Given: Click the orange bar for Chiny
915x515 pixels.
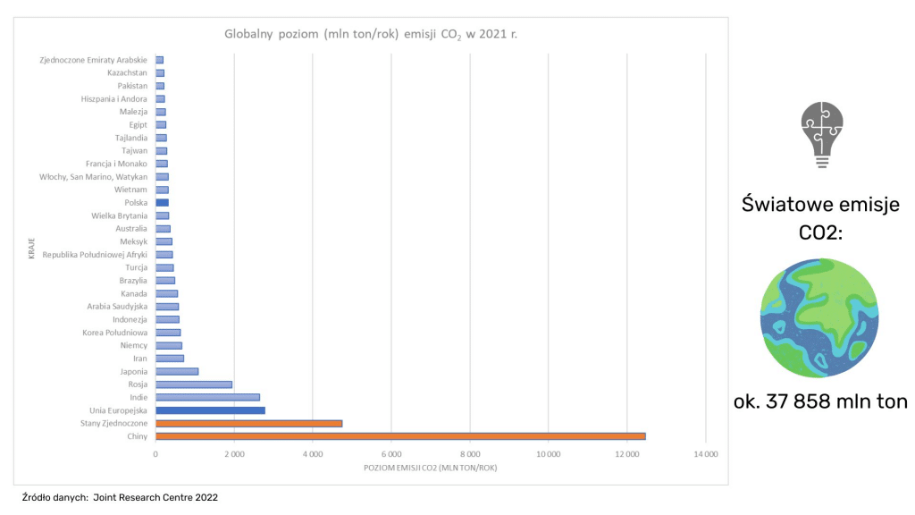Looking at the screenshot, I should tap(400, 436).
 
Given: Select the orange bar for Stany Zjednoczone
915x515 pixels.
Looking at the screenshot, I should tap(248, 424).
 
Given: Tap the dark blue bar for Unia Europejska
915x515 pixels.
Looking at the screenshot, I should tap(210, 410).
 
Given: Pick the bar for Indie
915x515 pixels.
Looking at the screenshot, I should tap(207, 397).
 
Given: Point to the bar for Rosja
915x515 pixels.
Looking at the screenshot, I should tap(194, 384).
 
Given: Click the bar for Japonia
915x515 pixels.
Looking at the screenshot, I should tap(177, 371).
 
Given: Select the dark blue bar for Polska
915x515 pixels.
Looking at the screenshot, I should tap(162, 203).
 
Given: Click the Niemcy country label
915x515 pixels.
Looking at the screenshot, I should tap(133, 345).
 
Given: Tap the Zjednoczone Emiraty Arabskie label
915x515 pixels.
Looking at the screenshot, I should tap(93, 60).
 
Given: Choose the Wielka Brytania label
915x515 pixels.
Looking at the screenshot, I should tap(119, 215).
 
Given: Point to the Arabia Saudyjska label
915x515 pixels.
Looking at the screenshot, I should tap(116, 307).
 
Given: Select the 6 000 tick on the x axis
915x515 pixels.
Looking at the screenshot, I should tap(391, 455).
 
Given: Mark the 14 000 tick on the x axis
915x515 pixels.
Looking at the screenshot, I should tap(706, 455).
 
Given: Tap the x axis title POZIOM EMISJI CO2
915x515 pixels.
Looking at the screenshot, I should tap(430, 468).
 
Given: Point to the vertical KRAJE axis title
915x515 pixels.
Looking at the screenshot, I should tap(31, 249).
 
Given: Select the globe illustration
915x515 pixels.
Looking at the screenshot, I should tap(819, 318).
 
